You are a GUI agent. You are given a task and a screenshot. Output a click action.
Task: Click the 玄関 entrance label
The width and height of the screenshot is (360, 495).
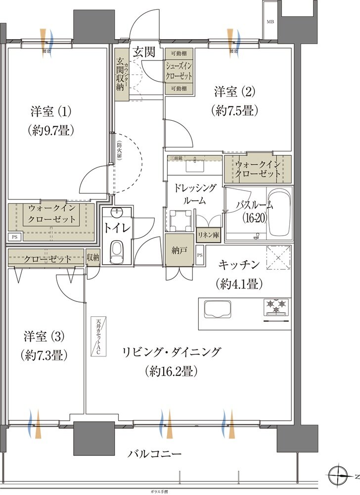tap(143, 51)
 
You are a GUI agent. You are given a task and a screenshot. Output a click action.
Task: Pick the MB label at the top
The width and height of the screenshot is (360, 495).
tap(270, 22)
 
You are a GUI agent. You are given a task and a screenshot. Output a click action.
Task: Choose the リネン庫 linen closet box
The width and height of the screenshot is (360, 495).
tap(208, 235)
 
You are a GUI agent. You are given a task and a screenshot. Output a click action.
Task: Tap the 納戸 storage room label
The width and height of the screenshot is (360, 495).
tap(177, 250)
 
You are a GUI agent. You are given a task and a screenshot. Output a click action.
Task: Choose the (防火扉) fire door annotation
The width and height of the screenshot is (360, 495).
tap(120, 150)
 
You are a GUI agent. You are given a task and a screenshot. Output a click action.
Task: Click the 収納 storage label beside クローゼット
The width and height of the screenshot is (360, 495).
tap(93, 257)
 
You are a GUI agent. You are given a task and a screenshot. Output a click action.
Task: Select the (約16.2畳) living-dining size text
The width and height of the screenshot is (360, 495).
tap(172, 371)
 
